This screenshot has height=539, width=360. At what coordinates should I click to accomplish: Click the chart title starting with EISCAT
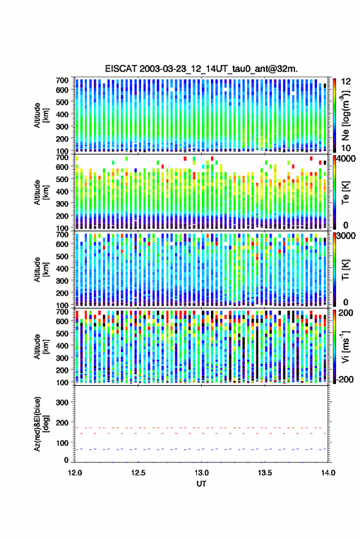(x=201, y=69)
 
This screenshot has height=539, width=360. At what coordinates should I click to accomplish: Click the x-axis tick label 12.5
(x=138, y=473)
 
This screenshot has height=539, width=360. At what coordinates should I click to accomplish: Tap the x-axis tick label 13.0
(x=202, y=473)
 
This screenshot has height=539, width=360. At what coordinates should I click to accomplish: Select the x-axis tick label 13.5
(x=265, y=473)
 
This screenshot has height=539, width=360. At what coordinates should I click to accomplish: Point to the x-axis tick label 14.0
(x=328, y=473)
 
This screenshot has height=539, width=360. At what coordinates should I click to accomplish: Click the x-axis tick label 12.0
(x=75, y=473)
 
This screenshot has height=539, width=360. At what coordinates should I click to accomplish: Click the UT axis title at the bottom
(x=201, y=484)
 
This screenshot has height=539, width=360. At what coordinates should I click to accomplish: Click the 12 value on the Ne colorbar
(x=346, y=82)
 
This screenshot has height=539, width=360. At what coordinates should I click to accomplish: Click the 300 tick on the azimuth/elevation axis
(x=62, y=402)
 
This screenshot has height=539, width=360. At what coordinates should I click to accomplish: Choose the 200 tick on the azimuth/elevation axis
(x=62, y=423)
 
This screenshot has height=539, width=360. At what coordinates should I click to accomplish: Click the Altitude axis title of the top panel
(x=41, y=115)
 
